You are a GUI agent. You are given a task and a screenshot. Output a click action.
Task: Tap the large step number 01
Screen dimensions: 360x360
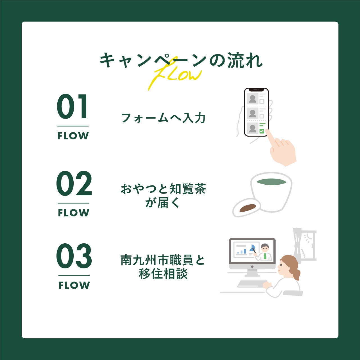72,107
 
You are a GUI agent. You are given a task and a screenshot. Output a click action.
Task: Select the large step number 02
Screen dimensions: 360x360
74,183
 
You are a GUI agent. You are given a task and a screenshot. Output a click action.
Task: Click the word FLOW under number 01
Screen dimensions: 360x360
73,136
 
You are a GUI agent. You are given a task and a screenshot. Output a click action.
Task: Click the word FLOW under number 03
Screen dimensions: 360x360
74,285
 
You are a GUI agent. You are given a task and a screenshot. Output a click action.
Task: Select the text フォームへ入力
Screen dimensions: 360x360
163,118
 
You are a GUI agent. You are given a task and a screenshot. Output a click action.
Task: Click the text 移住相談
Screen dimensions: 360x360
163,274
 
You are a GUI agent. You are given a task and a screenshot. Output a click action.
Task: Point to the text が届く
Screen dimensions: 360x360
162,203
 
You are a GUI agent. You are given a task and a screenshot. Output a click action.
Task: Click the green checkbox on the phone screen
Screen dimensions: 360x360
262,131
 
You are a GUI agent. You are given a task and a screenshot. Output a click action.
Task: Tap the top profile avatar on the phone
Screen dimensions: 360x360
253,98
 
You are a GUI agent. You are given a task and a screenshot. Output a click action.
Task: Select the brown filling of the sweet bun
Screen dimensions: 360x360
248,208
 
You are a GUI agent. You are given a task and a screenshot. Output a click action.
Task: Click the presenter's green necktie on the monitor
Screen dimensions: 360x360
265,256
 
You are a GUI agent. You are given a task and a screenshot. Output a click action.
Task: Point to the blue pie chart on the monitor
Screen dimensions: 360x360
252,248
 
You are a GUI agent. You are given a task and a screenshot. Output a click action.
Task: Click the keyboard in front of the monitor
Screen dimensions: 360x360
252,284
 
